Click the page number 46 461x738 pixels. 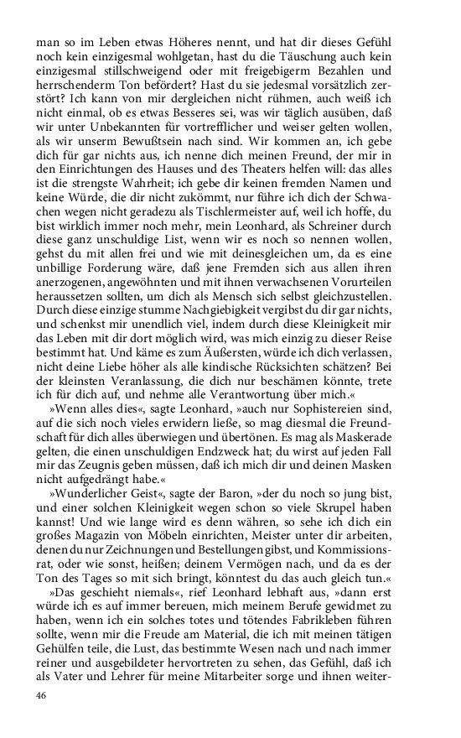[41, 695]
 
